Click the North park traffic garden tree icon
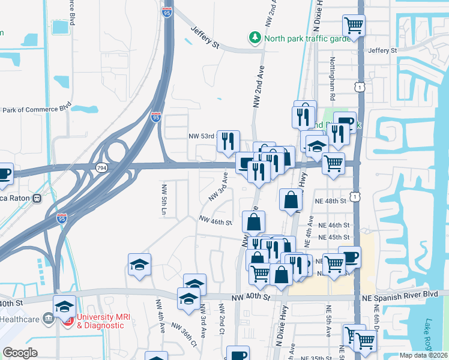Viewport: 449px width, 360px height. click(256, 38)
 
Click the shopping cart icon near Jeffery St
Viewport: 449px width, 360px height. click(354, 26)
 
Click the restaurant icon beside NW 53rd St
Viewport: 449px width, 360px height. click(228, 141)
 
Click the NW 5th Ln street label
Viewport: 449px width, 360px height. click(163, 200)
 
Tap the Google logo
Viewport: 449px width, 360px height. click(20, 353)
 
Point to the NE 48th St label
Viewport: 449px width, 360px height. click(333, 201)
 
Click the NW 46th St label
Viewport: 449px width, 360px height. click(215, 222)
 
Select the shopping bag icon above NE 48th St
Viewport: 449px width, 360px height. click(291, 199)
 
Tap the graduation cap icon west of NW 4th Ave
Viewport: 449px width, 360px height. click(139, 264)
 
